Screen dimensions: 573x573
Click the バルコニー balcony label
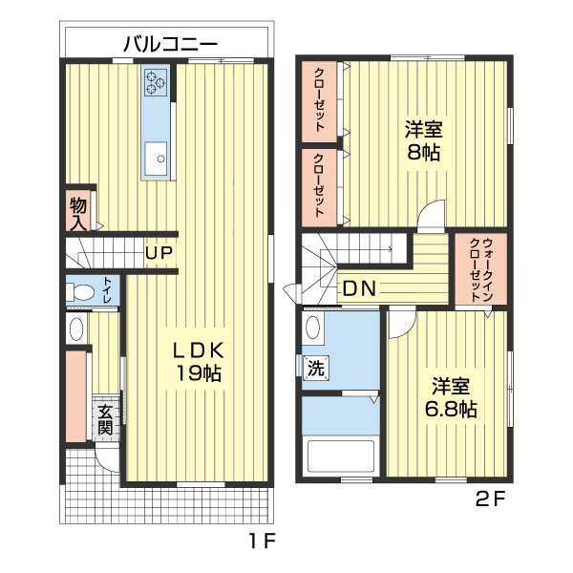coord(171,43)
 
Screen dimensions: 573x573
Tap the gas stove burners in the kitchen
coord(156,82)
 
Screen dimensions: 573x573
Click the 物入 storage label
coord(78,213)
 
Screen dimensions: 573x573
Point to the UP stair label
coord(159,253)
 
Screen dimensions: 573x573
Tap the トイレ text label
coord(107,291)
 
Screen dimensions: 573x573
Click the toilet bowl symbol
coord(80,292)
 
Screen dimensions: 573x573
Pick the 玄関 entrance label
coord(105,419)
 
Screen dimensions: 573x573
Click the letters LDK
coord(198,350)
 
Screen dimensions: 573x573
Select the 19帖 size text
coord(198,373)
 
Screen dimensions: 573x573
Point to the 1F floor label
coord(263,541)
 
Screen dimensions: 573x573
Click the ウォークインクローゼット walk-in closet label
coord(480,269)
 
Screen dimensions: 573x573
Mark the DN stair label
coord(358,288)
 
